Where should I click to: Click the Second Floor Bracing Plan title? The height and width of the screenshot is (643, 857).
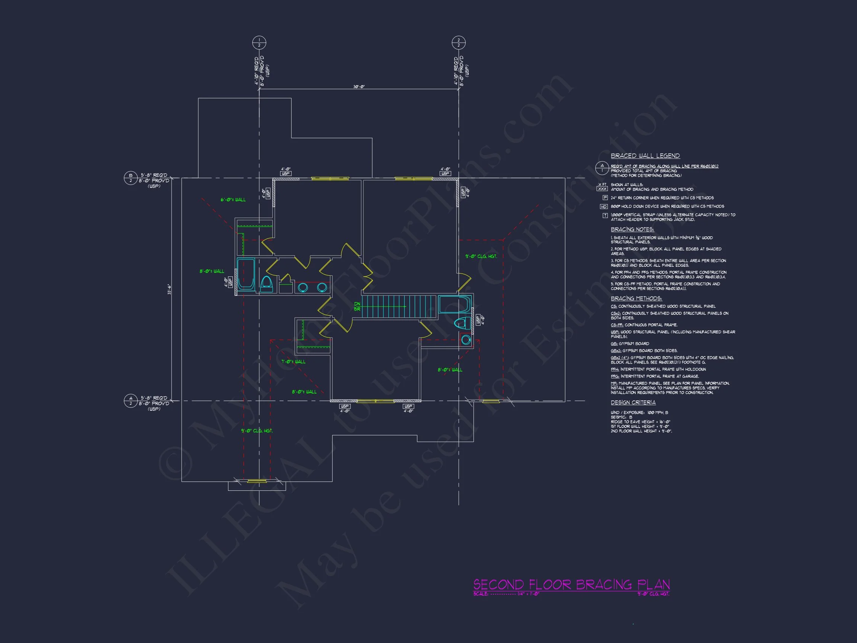coord(571,584)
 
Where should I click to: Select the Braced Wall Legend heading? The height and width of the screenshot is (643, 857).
coord(645,156)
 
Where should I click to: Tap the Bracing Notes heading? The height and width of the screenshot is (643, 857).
coord(632,230)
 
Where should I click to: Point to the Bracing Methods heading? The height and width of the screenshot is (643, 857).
coord(636,298)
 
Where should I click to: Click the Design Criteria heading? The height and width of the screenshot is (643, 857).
coord(633,403)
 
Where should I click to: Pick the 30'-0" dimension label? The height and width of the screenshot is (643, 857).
coord(359,87)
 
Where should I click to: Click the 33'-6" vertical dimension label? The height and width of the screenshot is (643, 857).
coord(169,289)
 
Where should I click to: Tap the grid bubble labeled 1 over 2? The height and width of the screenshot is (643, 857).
coord(259,43)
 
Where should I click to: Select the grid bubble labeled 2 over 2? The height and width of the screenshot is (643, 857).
coord(458,43)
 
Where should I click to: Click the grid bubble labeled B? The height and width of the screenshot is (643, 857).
coord(131,178)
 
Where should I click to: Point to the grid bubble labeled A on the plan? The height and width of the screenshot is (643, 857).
coord(131,401)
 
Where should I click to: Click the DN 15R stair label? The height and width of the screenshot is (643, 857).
coord(357,307)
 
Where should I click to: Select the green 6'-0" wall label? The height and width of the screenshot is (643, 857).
coord(233,199)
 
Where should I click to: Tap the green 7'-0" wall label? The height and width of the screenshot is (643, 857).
coord(293,362)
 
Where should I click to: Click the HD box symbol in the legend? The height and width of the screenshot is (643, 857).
coord(604,207)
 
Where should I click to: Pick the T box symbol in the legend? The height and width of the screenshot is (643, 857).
coord(605,215)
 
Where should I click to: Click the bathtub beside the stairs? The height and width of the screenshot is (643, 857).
coord(455,304)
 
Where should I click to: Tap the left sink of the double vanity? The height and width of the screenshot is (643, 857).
coord(302,288)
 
